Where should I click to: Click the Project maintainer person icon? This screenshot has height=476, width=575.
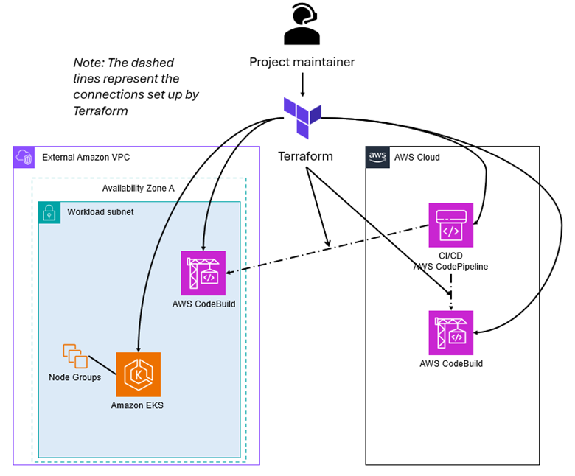301,26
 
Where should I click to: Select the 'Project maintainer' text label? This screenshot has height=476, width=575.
302,62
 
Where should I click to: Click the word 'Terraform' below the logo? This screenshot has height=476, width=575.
305,156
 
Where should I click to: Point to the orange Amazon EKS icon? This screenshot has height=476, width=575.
138,374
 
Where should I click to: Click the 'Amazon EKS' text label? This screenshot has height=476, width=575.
137,405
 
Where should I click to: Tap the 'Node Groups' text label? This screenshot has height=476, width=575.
74,377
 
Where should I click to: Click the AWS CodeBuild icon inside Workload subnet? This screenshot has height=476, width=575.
203,273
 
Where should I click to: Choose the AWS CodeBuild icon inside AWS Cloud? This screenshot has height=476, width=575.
451,332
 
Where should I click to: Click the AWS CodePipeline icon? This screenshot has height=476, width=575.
451,225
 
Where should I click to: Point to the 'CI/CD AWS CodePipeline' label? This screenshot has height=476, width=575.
451,260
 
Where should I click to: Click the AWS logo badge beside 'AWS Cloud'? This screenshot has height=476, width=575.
377,157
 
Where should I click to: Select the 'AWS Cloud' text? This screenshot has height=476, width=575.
417,158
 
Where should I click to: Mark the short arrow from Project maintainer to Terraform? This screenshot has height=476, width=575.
302,83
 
